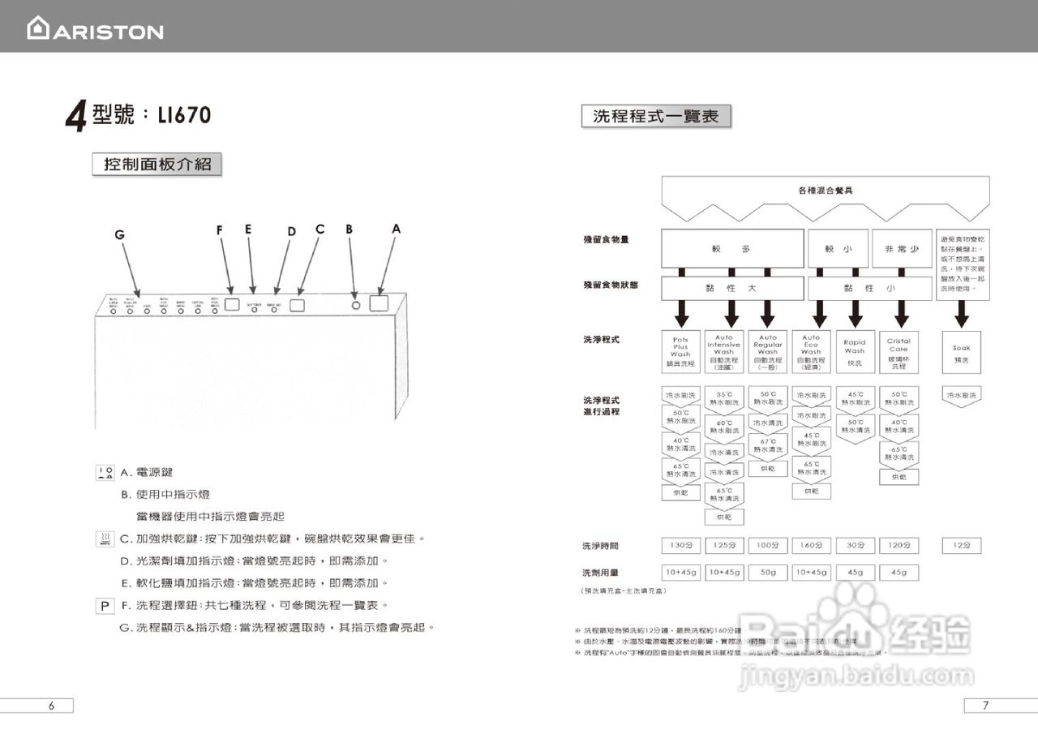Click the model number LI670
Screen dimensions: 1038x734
click(x=179, y=115)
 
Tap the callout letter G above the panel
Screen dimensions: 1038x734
click(x=119, y=235)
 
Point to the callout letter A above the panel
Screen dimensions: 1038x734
click(x=396, y=230)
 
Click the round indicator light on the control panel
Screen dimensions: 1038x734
click(x=355, y=305)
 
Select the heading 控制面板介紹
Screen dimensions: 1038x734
click(x=157, y=164)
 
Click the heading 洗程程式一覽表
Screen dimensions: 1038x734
click(x=656, y=117)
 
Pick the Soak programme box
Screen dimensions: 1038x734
click(x=962, y=352)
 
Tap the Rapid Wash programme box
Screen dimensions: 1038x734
click(x=855, y=352)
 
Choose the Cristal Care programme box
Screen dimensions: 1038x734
click(x=899, y=352)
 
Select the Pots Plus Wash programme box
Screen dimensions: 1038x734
click(x=680, y=352)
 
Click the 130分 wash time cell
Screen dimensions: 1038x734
click(x=680, y=546)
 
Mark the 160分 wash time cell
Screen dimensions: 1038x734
click(x=811, y=546)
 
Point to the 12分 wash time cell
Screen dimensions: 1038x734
click(x=962, y=546)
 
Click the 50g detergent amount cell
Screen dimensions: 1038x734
click(x=767, y=573)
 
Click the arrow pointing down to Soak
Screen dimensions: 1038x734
click(x=962, y=313)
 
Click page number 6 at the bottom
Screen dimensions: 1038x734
click(x=50, y=706)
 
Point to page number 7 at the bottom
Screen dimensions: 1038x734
click(x=985, y=706)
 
